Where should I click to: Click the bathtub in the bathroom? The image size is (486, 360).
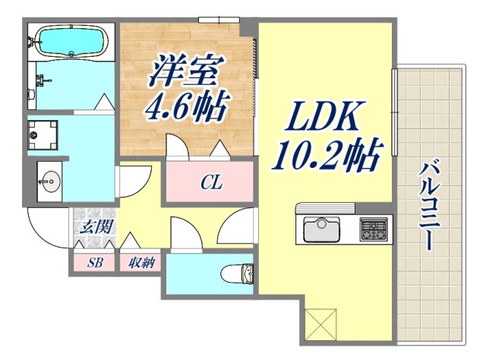point(71,42)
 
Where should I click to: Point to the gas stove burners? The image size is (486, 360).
point(373,227)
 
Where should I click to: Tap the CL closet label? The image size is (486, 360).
point(211,183)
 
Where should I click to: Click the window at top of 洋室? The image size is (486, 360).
point(215,20)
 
